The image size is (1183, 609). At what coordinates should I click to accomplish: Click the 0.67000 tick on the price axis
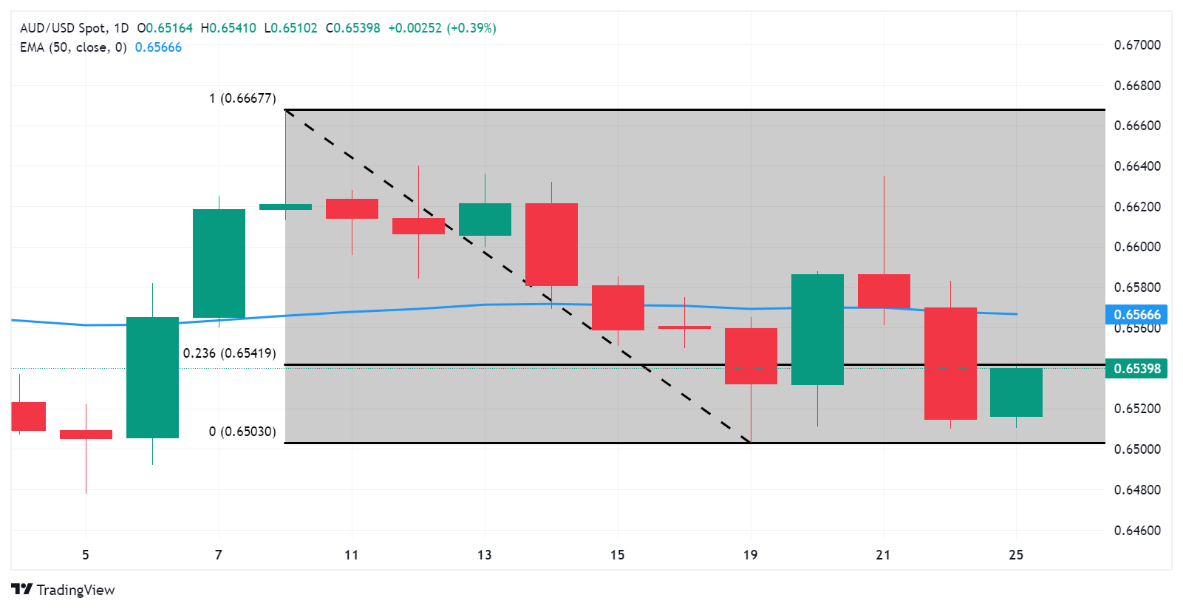tap(1137, 45)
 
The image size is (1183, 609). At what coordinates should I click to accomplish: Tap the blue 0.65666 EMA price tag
tap(1136, 315)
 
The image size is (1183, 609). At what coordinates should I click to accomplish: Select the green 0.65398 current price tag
tap(1136, 368)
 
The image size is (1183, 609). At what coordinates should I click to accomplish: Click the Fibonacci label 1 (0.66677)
tap(242, 98)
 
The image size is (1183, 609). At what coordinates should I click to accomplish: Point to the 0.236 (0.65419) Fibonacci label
tap(229, 353)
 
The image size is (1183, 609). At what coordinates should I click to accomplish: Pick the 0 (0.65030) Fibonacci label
tap(242, 432)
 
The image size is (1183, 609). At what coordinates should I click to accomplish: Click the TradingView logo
tap(64, 590)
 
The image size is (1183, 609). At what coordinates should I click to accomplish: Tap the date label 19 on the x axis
tap(750, 555)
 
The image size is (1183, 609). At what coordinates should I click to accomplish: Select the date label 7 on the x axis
tap(219, 555)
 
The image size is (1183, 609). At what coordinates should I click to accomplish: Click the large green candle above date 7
tap(219, 263)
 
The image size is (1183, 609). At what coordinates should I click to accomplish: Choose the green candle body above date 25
tap(1016, 392)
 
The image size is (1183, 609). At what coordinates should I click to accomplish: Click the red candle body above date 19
tap(751, 356)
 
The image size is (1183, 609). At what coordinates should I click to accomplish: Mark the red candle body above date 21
tap(884, 291)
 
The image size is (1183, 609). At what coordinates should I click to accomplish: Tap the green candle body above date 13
tap(485, 220)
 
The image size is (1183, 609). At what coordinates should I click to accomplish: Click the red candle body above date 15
tap(618, 307)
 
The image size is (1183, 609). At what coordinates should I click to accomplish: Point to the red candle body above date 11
tap(352, 208)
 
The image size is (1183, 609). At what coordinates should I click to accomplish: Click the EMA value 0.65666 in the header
tap(158, 47)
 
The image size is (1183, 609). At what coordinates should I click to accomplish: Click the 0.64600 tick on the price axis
tap(1137, 531)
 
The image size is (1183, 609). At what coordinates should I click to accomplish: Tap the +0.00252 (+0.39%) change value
tap(442, 28)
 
